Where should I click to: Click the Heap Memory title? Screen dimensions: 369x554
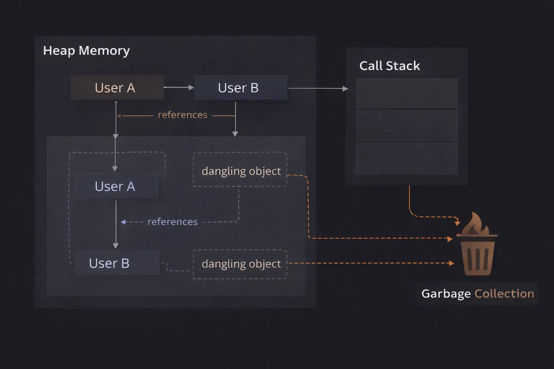click(x=86, y=51)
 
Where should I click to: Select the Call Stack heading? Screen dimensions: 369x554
click(x=390, y=66)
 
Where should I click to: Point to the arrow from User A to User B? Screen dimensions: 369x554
click(x=179, y=87)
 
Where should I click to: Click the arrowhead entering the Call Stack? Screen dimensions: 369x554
click(x=345, y=88)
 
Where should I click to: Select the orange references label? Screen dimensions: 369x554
click(x=183, y=115)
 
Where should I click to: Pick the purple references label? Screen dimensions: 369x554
click(x=172, y=222)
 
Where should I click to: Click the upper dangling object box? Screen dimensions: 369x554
click(x=240, y=170)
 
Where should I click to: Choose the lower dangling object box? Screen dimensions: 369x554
click(x=240, y=264)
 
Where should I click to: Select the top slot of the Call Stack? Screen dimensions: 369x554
click(x=406, y=93)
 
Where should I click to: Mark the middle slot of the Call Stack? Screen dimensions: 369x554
click(x=406, y=125)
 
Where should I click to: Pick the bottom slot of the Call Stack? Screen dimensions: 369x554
click(x=406, y=159)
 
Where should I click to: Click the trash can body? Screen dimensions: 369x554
click(x=478, y=258)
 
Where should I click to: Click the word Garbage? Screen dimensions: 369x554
click(x=446, y=294)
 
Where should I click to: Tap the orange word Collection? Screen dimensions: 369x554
click(x=504, y=294)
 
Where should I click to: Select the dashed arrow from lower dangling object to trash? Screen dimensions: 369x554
click(x=371, y=263)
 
